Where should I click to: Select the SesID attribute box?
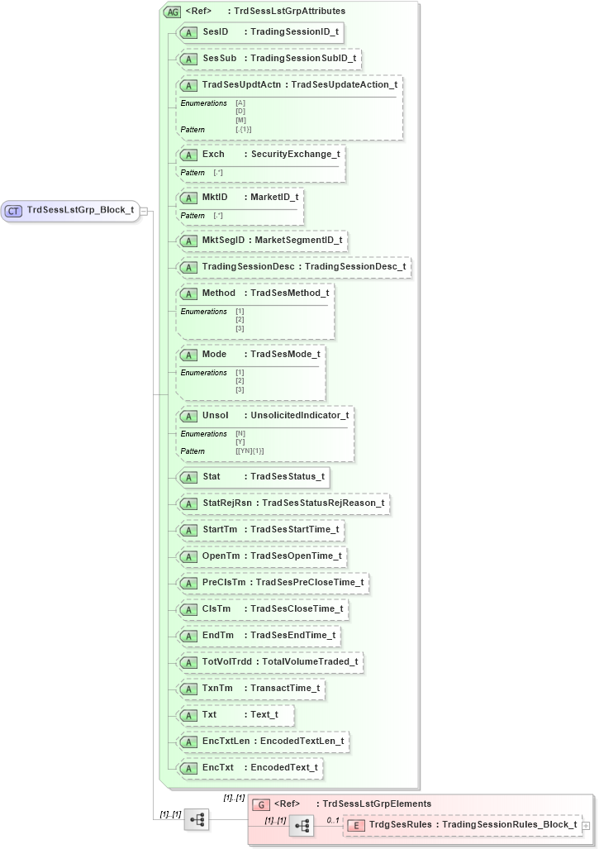(x=260, y=32)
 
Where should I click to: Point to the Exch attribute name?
(x=213, y=154)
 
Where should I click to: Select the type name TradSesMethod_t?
(x=289, y=293)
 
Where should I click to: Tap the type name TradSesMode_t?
(x=285, y=354)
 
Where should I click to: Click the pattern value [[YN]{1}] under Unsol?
(x=250, y=451)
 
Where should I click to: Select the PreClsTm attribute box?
(x=273, y=582)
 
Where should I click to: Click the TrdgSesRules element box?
(x=462, y=824)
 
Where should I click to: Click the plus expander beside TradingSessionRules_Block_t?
(x=586, y=825)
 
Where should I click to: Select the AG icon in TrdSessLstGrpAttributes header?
(x=174, y=12)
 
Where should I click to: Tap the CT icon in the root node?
(x=13, y=211)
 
